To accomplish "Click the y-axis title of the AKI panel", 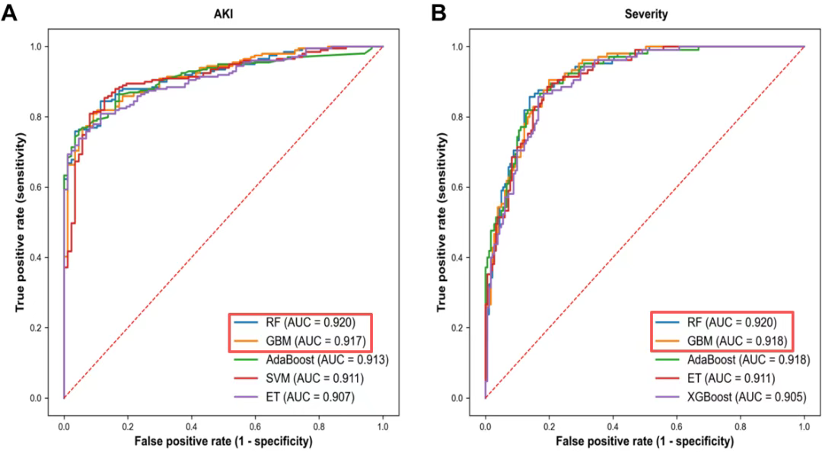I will coord(21,222).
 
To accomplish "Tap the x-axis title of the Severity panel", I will coord(644,441).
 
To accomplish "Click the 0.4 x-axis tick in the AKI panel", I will coord(191,420).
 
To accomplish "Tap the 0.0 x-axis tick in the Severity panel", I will coord(485,420).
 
